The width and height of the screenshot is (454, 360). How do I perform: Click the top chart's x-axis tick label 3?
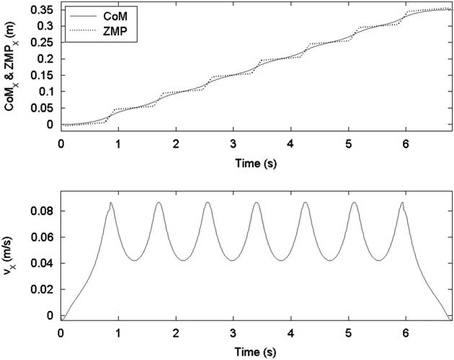233,143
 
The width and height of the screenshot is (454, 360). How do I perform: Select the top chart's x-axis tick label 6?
406,143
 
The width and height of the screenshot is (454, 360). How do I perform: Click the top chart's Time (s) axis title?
256,162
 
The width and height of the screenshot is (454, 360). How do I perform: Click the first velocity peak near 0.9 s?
110,203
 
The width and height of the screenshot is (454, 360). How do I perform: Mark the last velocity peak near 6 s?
402,203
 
